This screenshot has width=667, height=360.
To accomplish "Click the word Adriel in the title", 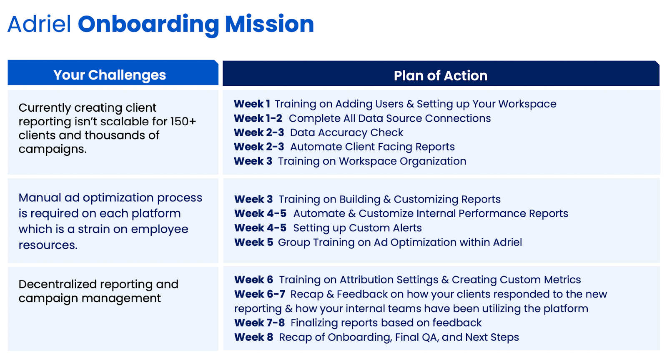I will click(x=40, y=24).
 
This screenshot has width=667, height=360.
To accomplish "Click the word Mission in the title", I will click(x=269, y=24).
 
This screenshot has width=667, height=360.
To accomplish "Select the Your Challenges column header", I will click(x=110, y=75).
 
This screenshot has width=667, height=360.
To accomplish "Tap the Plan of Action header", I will click(x=441, y=76).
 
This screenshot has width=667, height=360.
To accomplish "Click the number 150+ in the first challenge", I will click(x=183, y=122).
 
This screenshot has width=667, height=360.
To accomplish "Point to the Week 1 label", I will click(x=252, y=104).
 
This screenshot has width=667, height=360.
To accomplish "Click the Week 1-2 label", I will click(x=258, y=118).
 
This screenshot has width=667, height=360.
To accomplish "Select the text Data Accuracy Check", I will click(x=346, y=132).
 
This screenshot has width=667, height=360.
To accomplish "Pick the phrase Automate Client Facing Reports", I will click(x=372, y=147).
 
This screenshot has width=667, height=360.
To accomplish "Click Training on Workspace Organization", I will click(x=372, y=161).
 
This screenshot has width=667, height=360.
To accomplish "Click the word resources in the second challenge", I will click(x=48, y=245).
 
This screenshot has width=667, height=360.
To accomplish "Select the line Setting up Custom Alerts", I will click(x=357, y=228).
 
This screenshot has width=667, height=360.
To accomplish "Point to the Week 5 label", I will click(x=253, y=242).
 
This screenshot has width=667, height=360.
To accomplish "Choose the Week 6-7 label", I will click(x=260, y=294).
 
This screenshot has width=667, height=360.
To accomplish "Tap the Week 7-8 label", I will click(x=259, y=323).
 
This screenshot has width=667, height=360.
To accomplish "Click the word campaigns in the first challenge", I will click(x=52, y=149).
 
